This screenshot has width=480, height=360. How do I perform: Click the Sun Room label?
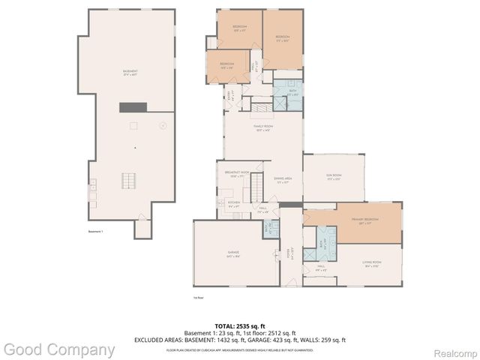333,178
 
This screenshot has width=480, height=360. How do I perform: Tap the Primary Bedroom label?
364,220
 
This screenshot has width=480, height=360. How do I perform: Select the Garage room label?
233,253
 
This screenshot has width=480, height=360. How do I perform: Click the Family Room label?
263,130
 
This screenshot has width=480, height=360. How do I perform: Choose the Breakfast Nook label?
235,173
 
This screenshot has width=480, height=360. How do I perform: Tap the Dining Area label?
283,179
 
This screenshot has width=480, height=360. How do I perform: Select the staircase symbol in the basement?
130,181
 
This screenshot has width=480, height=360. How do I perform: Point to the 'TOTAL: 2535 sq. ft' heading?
240,326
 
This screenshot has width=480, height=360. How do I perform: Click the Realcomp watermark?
451,351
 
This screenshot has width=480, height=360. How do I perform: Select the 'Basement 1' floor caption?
95,232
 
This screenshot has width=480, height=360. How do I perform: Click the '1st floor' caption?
198,297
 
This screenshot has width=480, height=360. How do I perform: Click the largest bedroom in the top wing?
283,39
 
